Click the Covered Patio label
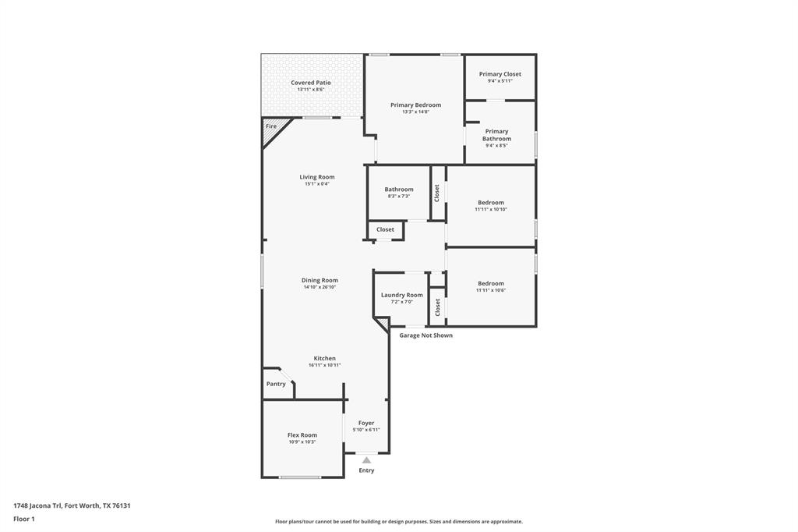click(310, 83)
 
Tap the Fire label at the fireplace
click(271, 126)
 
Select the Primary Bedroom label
click(415, 105)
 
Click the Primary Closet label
click(500, 74)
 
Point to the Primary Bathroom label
click(496, 135)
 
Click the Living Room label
click(316, 177)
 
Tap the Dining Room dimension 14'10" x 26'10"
click(320, 287)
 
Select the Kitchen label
click(324, 358)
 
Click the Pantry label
click(276, 384)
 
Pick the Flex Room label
click(302, 435)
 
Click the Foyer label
click(366, 423)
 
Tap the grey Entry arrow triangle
click(366, 460)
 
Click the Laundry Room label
click(401, 295)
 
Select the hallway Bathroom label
click(398, 190)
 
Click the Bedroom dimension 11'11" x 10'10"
click(491, 209)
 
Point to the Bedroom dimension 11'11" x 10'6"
click(491, 290)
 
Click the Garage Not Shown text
click(425, 335)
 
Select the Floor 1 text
click(24, 519)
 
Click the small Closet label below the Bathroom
click(385, 229)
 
